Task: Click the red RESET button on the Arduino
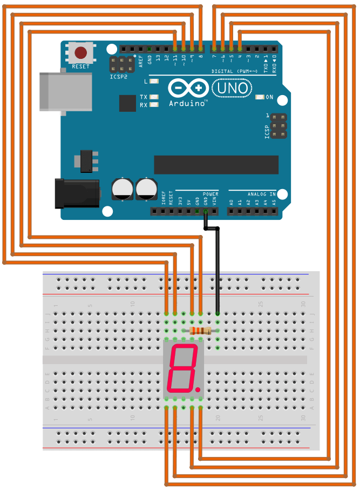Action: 80,53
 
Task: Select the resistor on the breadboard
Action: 200,331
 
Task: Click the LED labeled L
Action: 154,82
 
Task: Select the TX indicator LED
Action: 154,97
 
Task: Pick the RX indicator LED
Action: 154,105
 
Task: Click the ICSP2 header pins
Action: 123,65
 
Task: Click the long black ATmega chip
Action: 216,165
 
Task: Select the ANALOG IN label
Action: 261,194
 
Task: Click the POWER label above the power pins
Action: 210,194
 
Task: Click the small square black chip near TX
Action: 127,103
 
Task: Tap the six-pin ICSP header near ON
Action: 278,125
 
